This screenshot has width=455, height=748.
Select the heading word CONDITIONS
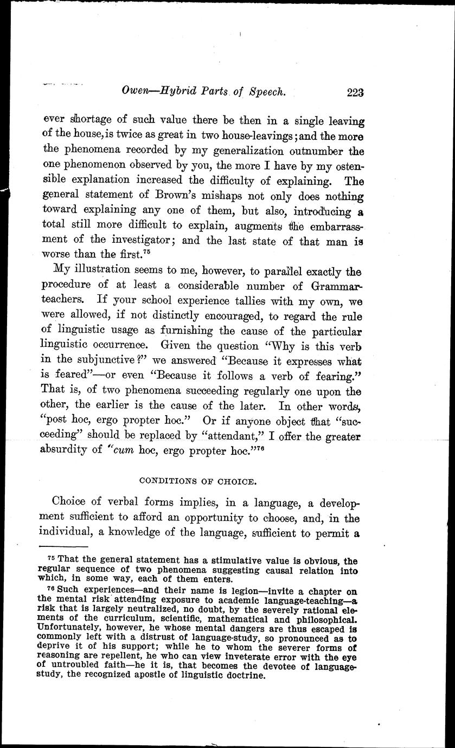pos(165,480)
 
